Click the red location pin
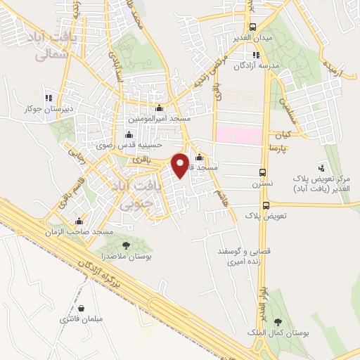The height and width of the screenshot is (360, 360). pyautogui.click(x=181, y=165)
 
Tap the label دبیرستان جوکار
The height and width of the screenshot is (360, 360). pyautogui.click(x=48, y=109)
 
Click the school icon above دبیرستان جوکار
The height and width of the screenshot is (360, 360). pyautogui.click(x=48, y=98)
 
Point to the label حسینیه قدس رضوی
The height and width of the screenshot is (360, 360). pyautogui.click(x=128, y=146)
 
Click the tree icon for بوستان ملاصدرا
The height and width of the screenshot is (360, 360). pyautogui.click(x=126, y=245)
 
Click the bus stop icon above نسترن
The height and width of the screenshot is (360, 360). pyautogui.click(x=263, y=172)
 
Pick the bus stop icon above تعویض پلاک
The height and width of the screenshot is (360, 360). pyautogui.click(x=265, y=205)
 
